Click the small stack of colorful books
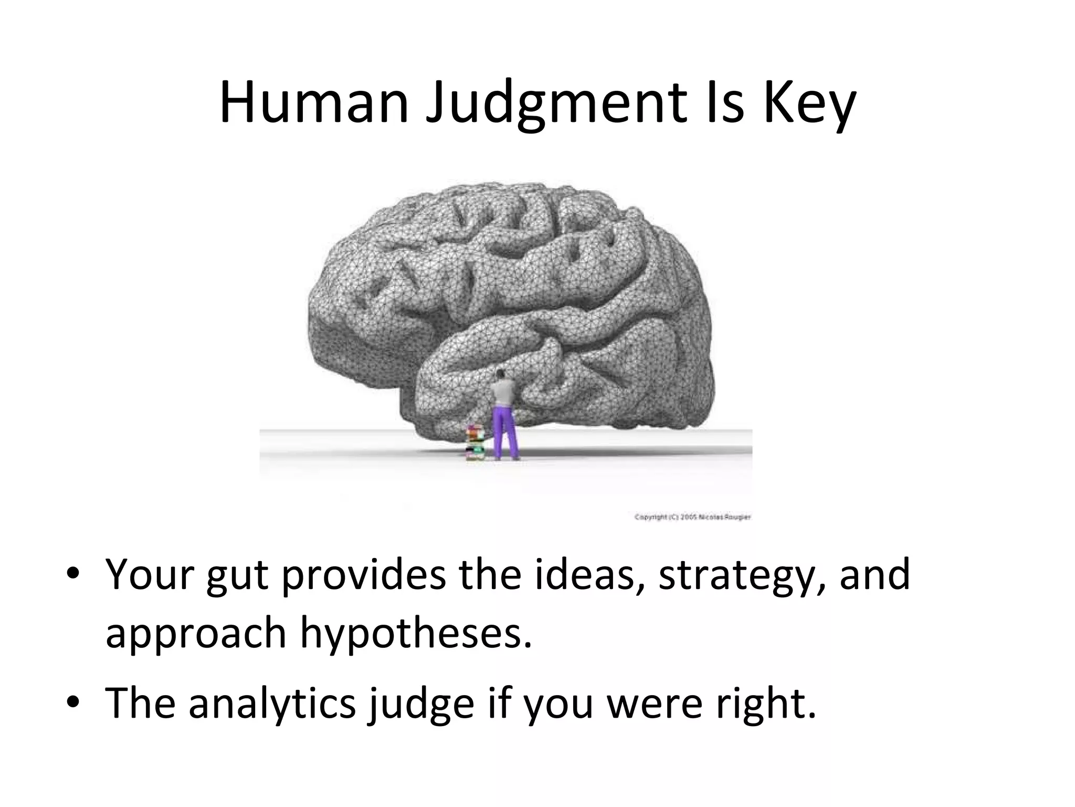tap(476, 444)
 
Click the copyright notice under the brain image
tap(692, 518)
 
